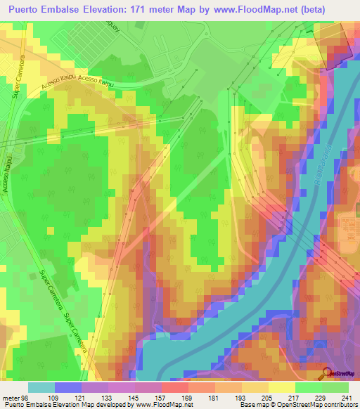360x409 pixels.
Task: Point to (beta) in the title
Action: pos(335,10)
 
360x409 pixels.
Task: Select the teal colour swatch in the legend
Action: pos(41,387)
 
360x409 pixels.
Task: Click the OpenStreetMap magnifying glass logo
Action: pos(328,372)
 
